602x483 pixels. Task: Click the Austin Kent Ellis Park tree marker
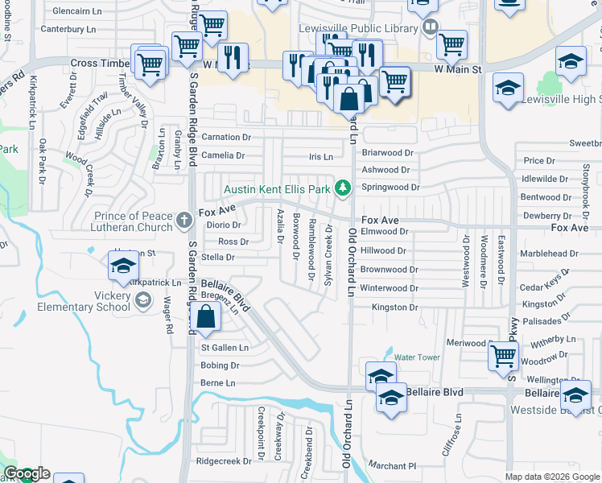tap(343, 188)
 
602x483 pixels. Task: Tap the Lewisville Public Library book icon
tap(430, 27)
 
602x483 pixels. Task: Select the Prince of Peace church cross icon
tap(184, 218)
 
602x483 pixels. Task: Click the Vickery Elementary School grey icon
tap(142, 300)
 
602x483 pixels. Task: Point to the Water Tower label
tap(417, 357)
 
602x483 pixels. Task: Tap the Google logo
tap(26, 474)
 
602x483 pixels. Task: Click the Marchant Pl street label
tap(392, 465)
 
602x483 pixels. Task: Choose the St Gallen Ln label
tap(225, 348)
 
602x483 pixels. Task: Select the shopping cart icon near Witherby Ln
tap(503, 354)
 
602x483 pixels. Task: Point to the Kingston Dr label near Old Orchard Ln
tap(394, 308)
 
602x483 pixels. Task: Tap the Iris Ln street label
tap(320, 157)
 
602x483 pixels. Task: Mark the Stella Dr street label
tap(218, 258)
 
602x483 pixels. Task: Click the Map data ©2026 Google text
tap(551, 477)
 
